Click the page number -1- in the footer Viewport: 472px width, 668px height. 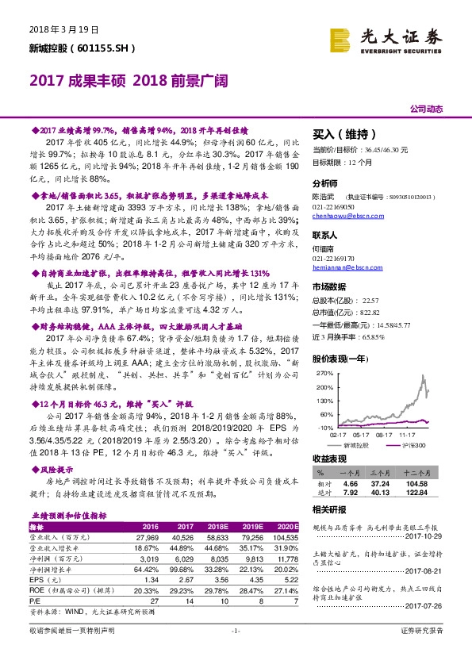[236, 652]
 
